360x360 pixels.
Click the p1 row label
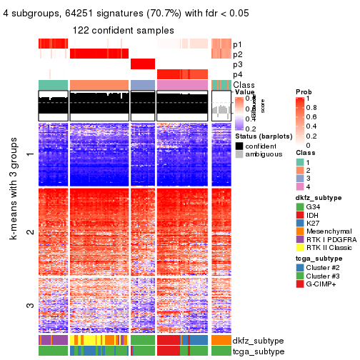tap(237, 44)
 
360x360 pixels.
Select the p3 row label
tap(237, 65)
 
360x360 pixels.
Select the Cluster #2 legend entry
tap(325, 268)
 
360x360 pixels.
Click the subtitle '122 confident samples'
tap(123, 30)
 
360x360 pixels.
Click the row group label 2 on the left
tap(29, 232)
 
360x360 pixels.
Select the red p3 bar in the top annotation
tap(143, 64)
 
